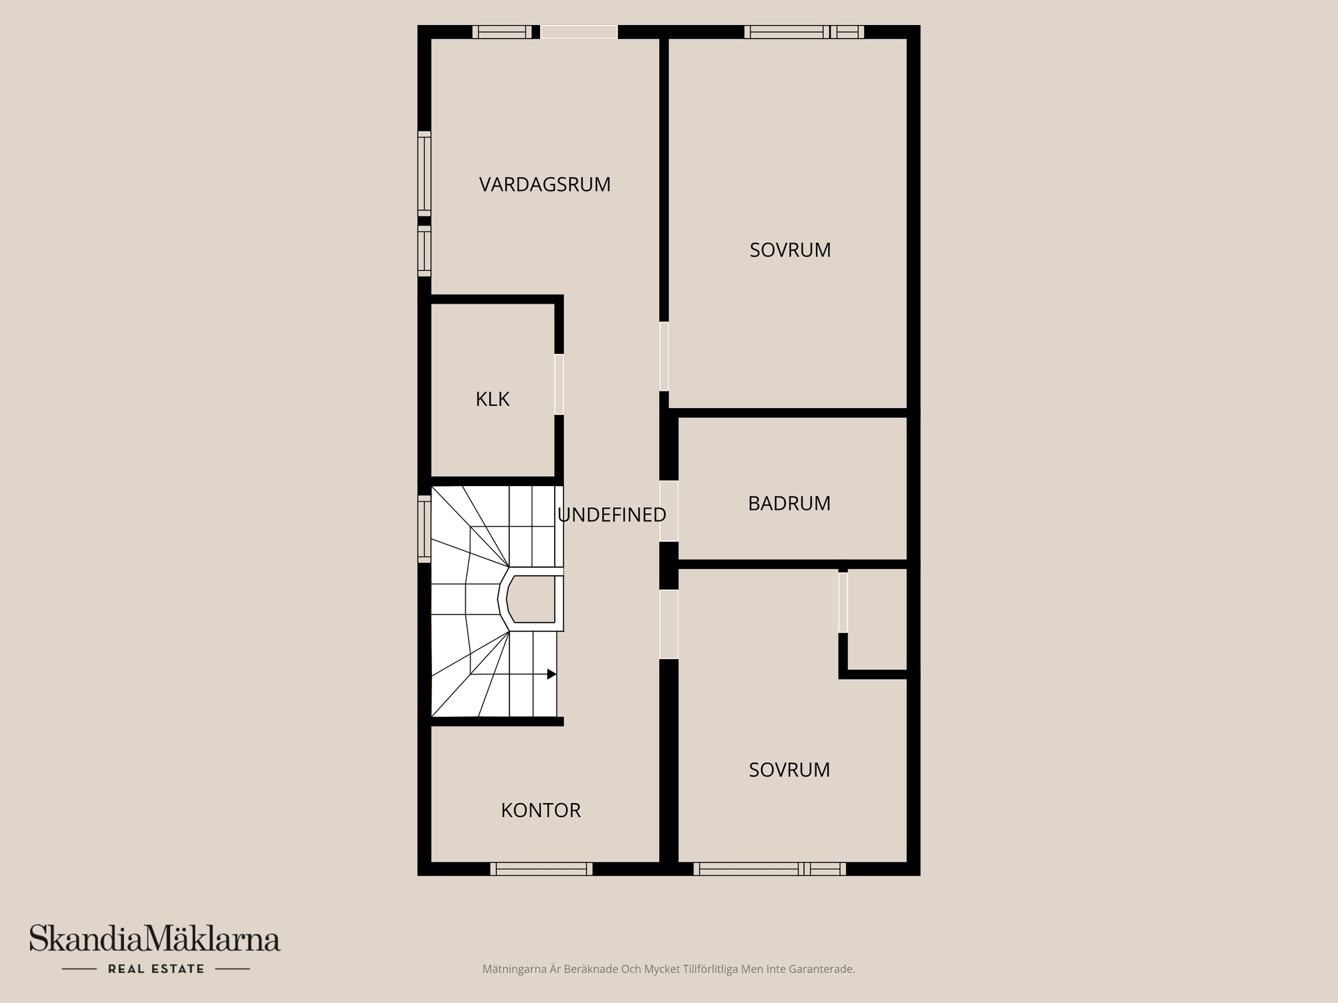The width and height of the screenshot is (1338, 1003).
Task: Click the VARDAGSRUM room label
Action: click(x=544, y=185)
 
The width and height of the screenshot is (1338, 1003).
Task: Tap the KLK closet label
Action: click(x=492, y=399)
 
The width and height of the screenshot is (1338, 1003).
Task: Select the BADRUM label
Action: click(x=789, y=504)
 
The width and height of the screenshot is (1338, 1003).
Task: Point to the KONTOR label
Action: click(x=541, y=810)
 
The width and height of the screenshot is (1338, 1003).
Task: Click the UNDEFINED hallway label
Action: click(x=611, y=515)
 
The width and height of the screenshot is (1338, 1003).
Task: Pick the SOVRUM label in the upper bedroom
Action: click(x=790, y=250)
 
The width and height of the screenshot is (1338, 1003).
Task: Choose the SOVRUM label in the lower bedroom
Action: click(x=789, y=770)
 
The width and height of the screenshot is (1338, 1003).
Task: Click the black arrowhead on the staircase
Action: click(x=551, y=674)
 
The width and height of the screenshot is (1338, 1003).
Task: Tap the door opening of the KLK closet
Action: click(x=559, y=384)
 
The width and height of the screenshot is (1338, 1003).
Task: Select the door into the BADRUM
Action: click(x=668, y=511)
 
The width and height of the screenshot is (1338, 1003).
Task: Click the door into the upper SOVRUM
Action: click(x=664, y=356)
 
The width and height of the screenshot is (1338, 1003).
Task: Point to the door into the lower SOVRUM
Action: click(x=668, y=624)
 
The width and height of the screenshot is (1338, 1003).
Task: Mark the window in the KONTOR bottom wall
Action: click(x=541, y=869)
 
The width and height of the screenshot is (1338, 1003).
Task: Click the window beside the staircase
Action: click(x=424, y=529)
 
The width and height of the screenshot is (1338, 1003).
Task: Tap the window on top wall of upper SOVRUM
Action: click(x=803, y=32)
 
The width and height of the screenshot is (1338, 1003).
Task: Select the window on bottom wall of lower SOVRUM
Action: click(x=769, y=869)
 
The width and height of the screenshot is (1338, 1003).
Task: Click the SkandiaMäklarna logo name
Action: click(x=155, y=938)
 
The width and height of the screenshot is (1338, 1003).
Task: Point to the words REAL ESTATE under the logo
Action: click(x=156, y=969)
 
